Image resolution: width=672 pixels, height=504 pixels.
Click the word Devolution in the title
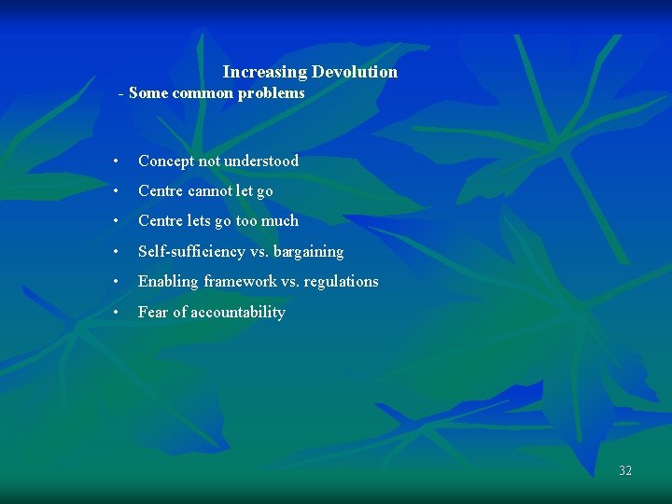(x=355, y=72)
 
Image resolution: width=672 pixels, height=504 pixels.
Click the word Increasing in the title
(x=265, y=72)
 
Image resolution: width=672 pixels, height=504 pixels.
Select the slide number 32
(x=625, y=470)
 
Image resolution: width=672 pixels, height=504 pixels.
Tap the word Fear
(x=153, y=313)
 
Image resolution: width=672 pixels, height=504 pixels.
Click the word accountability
(x=237, y=313)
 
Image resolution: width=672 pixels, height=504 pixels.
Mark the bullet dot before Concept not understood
(x=113, y=161)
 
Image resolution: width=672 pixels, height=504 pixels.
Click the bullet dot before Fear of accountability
(x=113, y=313)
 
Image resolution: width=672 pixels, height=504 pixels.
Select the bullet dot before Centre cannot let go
(x=113, y=191)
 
